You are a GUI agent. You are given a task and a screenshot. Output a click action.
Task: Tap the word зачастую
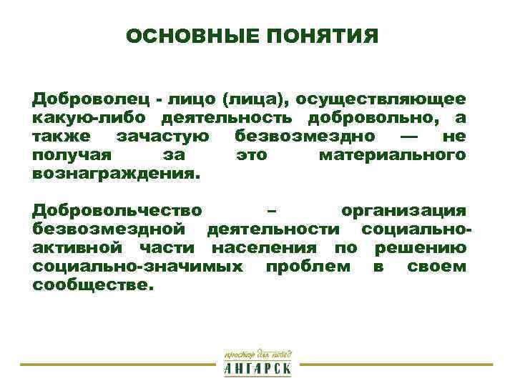[163, 135]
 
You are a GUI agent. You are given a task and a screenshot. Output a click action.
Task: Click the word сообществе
[92, 284]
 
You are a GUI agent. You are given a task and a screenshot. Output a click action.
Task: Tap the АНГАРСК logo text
[257, 369]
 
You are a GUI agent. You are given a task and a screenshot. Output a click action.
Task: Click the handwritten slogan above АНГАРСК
[257, 354]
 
